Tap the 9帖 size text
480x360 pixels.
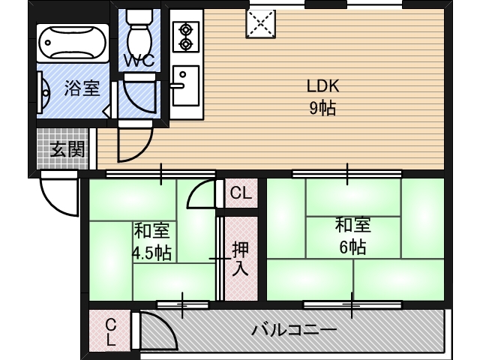tap(322, 108)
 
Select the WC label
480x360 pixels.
tap(139, 61)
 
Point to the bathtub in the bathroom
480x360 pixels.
tap(73, 44)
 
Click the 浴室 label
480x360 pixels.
tap(81, 88)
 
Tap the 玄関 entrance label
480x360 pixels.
tap(67, 149)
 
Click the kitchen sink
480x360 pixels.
tap(184, 85)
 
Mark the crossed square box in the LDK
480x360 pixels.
tap(260, 23)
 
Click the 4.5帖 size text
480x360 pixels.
tap(151, 252)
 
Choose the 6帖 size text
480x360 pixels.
tap(352, 247)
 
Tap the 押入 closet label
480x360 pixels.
tap(240, 259)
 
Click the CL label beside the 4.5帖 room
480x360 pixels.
tap(240, 193)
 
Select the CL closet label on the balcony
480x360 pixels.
tap(110, 331)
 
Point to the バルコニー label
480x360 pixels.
tap(293, 329)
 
